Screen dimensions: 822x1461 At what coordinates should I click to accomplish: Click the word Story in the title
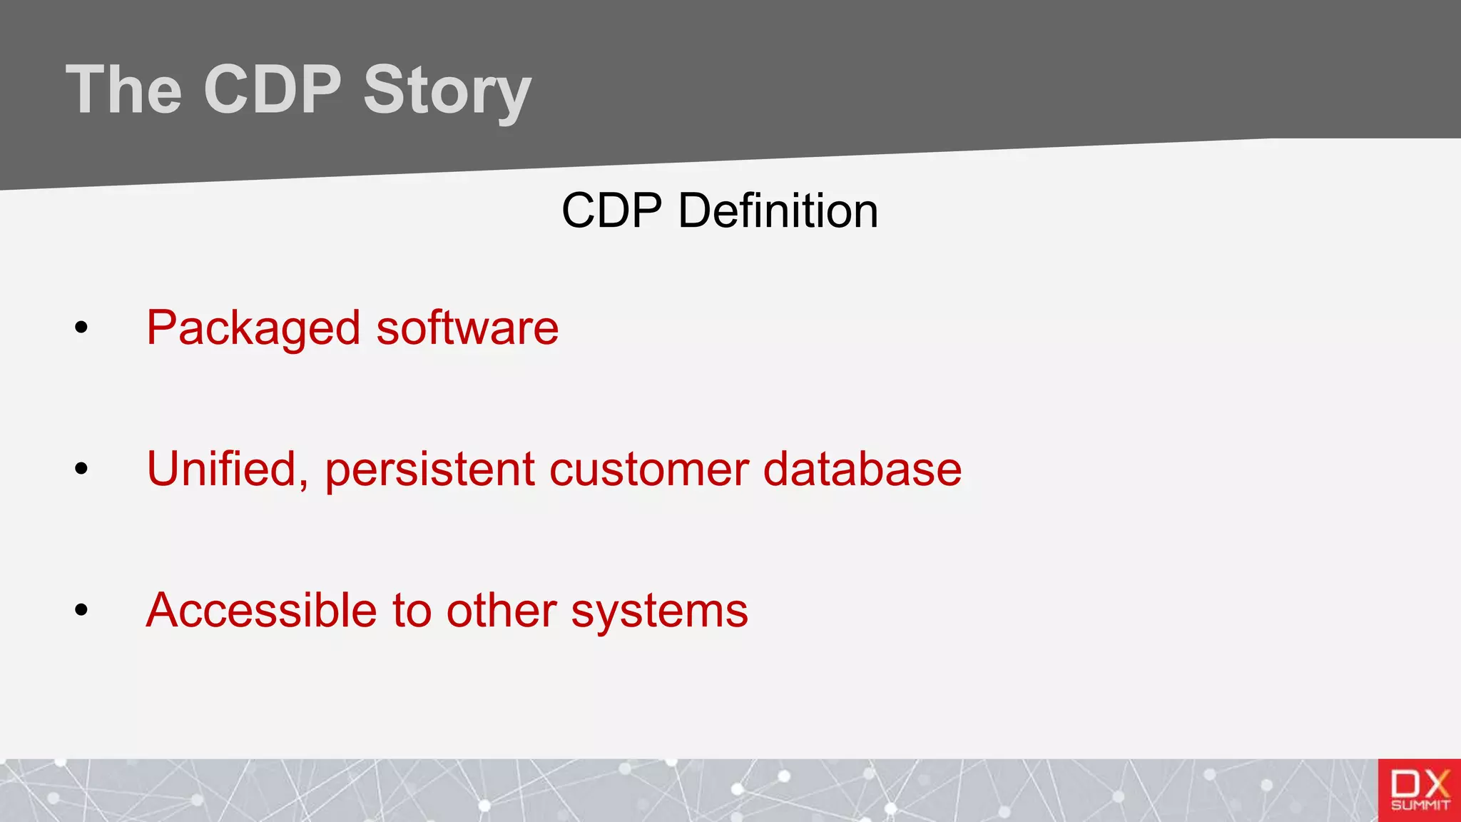[x=447, y=90]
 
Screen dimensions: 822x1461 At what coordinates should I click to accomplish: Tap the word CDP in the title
[x=273, y=90]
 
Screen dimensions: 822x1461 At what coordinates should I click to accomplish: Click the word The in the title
[x=124, y=90]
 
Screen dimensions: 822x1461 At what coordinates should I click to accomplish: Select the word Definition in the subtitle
[x=778, y=211]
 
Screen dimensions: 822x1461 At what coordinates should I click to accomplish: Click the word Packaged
[x=253, y=329]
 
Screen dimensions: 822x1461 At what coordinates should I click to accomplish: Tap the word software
[x=467, y=328]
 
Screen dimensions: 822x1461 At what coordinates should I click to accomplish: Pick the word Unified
[x=227, y=470]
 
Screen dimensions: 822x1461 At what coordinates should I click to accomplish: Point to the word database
[x=862, y=470]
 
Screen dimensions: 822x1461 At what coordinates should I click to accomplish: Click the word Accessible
[x=261, y=611]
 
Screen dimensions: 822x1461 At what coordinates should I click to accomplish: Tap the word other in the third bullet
[x=501, y=611]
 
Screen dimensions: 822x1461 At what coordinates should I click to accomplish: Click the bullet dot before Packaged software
[x=81, y=328]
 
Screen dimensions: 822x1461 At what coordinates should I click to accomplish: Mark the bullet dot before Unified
[x=81, y=469]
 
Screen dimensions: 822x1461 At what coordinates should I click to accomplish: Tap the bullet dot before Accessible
[x=81, y=610]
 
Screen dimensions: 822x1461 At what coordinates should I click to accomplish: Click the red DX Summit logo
[x=1419, y=790]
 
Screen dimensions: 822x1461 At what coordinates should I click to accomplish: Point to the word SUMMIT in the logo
[x=1420, y=806]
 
